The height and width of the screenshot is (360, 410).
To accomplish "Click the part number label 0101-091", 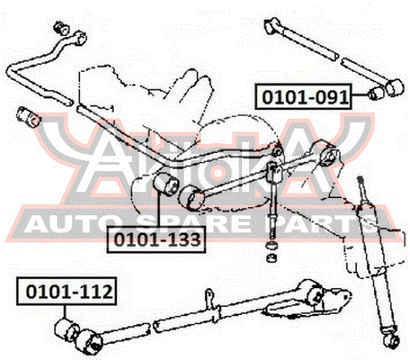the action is [x=304, y=97].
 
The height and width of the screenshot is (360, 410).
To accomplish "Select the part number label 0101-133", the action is [x=156, y=239].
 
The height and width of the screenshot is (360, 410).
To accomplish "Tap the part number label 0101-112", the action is [x=67, y=291].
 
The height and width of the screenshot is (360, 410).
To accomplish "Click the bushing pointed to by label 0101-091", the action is [x=376, y=93].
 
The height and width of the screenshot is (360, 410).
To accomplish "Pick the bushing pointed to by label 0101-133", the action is [x=165, y=184].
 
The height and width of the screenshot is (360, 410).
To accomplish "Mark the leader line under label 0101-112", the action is [x=64, y=312].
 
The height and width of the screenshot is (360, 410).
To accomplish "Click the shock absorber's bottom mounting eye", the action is [x=392, y=342].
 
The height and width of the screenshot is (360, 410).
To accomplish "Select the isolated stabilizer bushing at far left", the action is [x=28, y=117].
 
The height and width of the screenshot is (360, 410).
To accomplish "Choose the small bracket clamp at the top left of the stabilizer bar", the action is [x=61, y=28].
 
